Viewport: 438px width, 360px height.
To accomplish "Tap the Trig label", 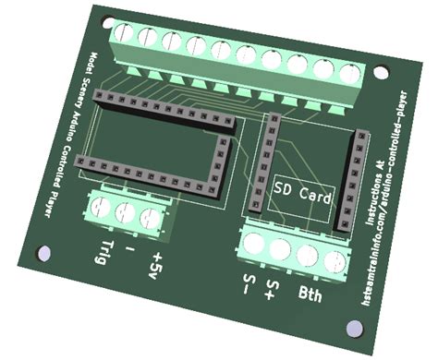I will pyautogui.click(x=104, y=251).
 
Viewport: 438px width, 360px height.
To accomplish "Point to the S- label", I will pyautogui.click(x=246, y=282).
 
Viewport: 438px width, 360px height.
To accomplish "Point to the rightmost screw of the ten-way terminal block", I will pyautogui.click(x=350, y=71).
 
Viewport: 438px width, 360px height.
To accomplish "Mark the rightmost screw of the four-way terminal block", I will pyautogui.click(x=334, y=258).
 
